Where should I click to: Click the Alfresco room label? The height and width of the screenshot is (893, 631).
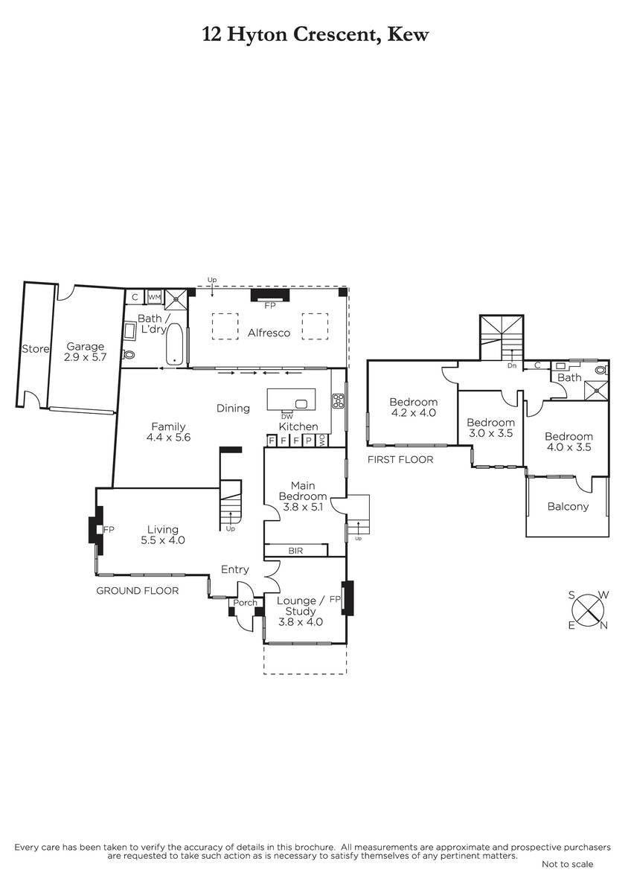269,333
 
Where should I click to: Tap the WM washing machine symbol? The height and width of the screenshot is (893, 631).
154,297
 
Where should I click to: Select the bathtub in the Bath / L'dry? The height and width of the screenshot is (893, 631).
174,344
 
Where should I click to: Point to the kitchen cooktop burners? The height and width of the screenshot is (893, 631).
339,401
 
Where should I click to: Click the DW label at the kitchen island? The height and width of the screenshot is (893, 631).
287,417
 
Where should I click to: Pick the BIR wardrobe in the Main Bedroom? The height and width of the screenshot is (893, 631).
295,551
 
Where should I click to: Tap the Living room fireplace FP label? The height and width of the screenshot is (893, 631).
109,529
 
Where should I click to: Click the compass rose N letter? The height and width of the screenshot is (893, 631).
604,626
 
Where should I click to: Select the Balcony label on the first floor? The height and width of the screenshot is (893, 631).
568,506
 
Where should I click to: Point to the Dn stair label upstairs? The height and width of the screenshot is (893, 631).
512,365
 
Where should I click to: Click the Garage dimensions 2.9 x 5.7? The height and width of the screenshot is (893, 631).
86,356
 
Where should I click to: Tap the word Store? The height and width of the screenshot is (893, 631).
36,349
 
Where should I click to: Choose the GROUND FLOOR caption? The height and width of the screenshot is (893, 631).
138,590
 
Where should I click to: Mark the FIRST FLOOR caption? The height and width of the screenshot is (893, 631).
400,459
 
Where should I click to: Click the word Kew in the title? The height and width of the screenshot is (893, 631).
409,35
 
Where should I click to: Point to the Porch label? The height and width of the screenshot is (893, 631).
245,602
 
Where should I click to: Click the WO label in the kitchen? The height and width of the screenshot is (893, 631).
322,440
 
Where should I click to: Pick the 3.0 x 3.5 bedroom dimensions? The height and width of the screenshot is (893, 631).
490,433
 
